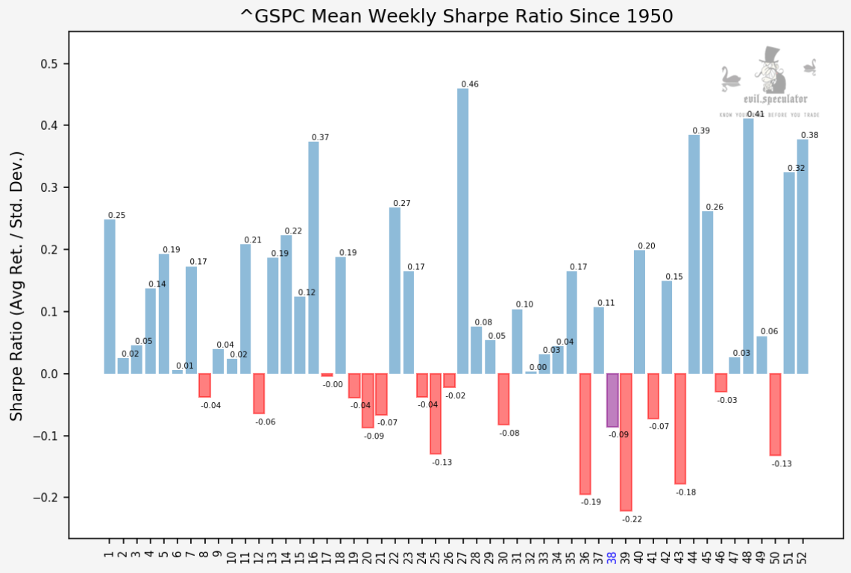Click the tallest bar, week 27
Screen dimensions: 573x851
click(x=462, y=231)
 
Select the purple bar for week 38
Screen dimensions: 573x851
click(x=612, y=400)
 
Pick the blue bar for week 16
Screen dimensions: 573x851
click(x=313, y=257)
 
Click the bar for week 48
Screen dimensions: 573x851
click(x=748, y=246)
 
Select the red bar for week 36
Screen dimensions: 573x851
click(x=585, y=433)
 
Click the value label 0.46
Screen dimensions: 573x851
click(x=470, y=84)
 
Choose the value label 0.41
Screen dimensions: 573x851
click(x=755, y=114)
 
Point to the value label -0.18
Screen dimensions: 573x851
click(x=685, y=492)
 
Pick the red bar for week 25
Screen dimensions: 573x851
click(x=436, y=413)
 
